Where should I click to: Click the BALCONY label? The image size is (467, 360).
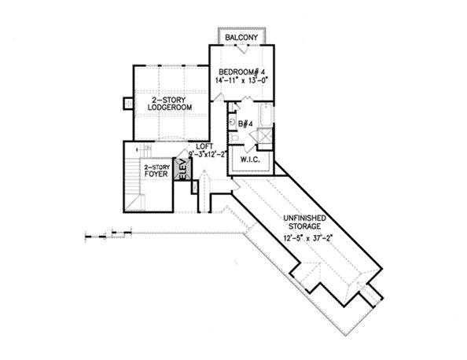[x=241, y=38]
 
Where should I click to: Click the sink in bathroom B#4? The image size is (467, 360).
[x=232, y=123]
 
